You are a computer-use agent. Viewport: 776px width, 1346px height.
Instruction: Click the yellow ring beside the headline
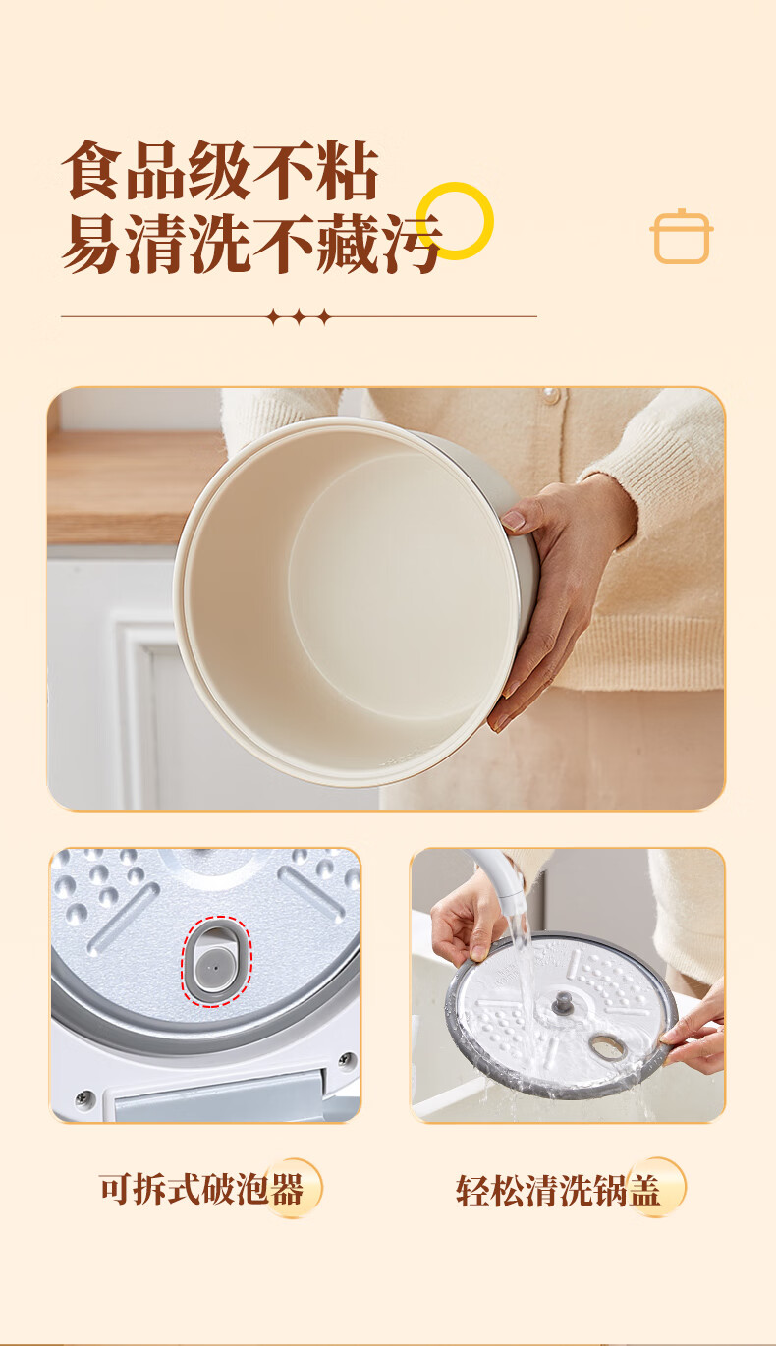455,184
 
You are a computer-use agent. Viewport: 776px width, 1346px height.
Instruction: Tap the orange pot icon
682,237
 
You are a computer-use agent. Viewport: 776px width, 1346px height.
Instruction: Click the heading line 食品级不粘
220,170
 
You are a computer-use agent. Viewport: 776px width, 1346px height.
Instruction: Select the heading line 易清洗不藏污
251,243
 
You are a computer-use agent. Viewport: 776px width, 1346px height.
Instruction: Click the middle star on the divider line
300,316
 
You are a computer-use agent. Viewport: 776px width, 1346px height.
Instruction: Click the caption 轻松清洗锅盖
558,1191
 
